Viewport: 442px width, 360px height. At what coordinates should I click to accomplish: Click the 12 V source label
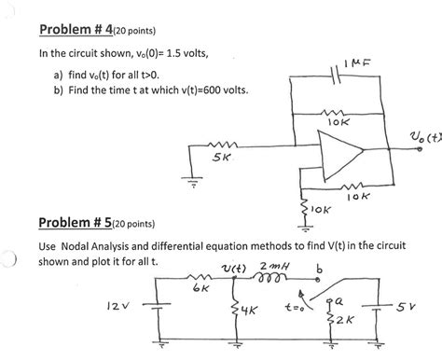(118, 303)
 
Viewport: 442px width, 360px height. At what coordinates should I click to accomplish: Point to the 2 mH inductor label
(283, 266)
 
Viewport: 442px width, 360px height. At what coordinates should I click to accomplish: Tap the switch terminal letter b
(322, 267)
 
